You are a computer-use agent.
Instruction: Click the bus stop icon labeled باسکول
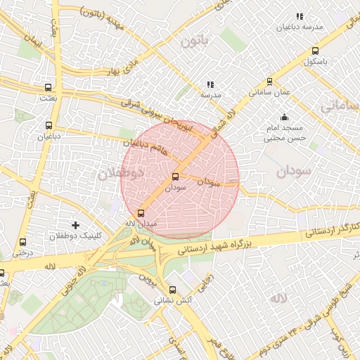314,51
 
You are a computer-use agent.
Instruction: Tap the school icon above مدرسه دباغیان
300,16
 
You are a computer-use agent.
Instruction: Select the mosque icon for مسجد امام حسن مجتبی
284,117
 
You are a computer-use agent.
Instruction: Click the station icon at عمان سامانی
270,82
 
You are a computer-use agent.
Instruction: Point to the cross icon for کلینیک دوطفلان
76,224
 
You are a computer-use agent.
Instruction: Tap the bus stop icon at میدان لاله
141,212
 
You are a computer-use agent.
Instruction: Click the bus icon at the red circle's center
175,176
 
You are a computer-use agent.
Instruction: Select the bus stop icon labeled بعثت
48,88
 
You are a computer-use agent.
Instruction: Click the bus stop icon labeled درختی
23,242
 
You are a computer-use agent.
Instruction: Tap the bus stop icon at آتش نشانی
172,290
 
